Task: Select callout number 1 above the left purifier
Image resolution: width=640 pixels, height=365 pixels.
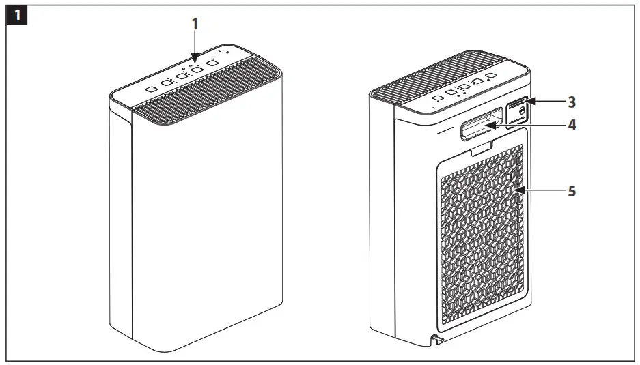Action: (x=195, y=24)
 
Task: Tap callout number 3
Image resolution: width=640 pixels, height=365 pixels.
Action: (x=572, y=102)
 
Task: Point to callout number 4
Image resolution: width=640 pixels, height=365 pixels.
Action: (x=572, y=126)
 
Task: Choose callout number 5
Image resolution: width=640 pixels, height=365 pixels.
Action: (x=572, y=191)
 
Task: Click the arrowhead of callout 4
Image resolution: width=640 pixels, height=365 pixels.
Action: (x=489, y=124)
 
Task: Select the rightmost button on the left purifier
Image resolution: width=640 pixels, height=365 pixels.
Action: (x=212, y=63)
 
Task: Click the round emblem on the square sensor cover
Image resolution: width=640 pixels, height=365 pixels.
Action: (x=523, y=108)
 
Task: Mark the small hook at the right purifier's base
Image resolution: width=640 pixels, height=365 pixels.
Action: (x=434, y=339)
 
